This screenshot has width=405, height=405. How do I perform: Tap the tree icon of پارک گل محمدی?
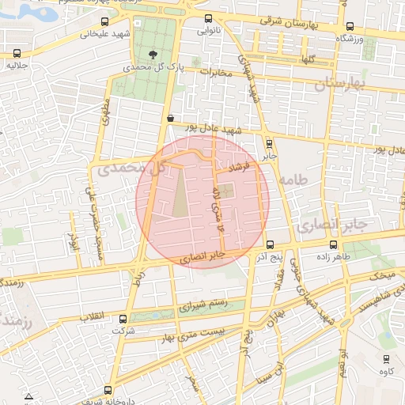coord(152,55)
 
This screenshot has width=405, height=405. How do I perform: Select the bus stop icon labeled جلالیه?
coord(17,54)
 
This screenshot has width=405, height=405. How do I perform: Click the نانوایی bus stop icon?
coord(208,19)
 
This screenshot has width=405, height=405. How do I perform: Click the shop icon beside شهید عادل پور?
coord(170,118)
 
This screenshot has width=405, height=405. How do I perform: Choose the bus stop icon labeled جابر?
coord(270,144)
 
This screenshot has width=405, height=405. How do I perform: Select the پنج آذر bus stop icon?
coord(271,244)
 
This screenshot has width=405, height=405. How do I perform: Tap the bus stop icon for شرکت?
coord(121,320)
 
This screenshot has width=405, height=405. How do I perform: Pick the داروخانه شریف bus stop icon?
coord(108,390)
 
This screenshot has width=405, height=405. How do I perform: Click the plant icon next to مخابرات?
coord(195,61)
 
